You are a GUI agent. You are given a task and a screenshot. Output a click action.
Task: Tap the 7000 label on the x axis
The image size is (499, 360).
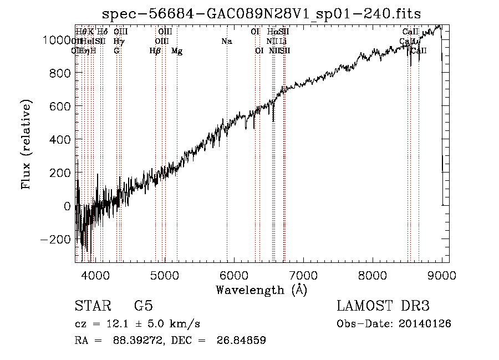point(303,275)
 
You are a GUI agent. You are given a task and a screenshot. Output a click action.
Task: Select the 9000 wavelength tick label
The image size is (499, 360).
point(442,275)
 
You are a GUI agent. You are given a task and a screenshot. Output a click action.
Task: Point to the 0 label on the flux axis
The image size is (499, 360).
point(67,206)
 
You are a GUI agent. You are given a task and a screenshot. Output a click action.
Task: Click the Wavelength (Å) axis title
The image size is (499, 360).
point(261,290)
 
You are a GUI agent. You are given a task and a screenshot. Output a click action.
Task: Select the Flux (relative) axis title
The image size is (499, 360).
point(26,145)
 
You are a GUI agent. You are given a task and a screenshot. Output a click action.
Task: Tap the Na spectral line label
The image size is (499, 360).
point(226,41)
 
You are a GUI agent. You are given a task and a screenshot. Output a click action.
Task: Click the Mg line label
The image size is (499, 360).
point(177,51)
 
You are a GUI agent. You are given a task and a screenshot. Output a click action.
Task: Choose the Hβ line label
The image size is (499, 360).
point(155,51)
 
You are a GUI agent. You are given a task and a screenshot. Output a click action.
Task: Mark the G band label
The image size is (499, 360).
point(116,51)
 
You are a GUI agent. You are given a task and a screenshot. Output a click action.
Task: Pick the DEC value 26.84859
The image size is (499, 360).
point(235,341)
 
